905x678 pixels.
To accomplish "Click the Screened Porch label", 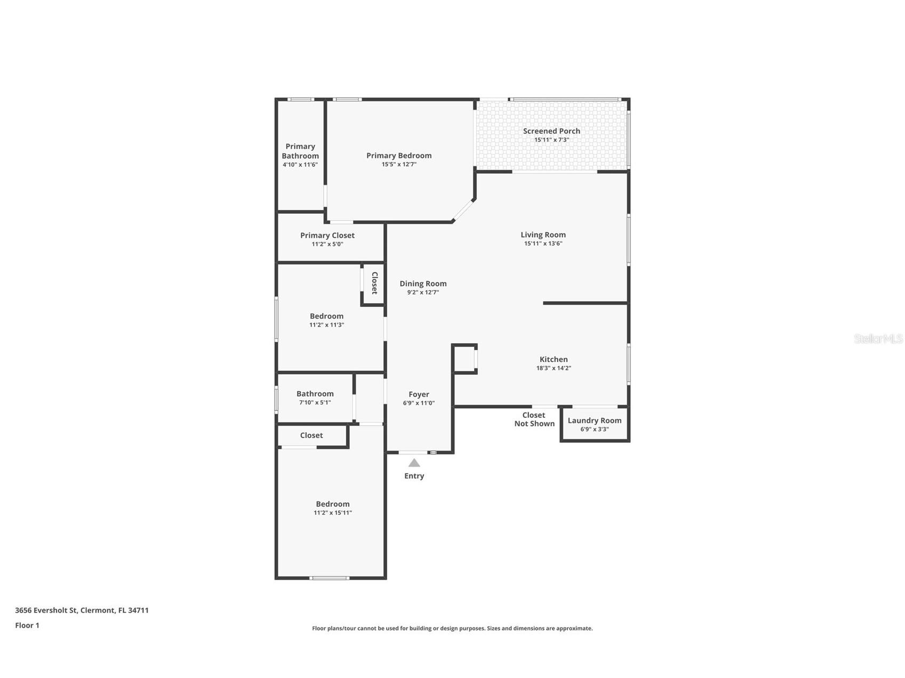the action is click(x=551, y=131).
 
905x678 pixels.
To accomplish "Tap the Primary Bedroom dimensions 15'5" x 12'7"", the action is click(x=399, y=165).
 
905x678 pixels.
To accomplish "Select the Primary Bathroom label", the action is click(x=300, y=151).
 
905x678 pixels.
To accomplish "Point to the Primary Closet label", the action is click(x=327, y=236).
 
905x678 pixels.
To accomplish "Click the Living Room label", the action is click(x=543, y=235).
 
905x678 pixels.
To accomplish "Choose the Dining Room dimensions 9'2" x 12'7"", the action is click(x=423, y=293).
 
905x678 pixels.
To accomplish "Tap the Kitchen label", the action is click(x=554, y=359).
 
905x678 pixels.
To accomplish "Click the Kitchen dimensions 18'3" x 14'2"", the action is click(x=554, y=368).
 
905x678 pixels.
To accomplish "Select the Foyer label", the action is click(x=419, y=394).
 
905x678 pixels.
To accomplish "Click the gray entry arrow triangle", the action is click(x=414, y=463).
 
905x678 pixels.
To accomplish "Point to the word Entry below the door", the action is click(x=414, y=476).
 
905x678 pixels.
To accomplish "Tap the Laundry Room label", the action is click(x=595, y=421).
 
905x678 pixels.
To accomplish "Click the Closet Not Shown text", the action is click(x=534, y=419).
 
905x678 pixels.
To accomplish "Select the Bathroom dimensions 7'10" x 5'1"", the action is click(x=315, y=403).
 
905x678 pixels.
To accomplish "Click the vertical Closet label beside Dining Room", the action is click(x=374, y=283).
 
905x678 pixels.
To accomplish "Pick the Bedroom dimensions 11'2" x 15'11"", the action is click(x=333, y=513).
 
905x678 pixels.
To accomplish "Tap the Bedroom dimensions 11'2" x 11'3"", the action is click(x=327, y=325).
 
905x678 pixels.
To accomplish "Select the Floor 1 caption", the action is click(x=27, y=625).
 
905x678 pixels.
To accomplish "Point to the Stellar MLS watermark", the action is click(x=878, y=338).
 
